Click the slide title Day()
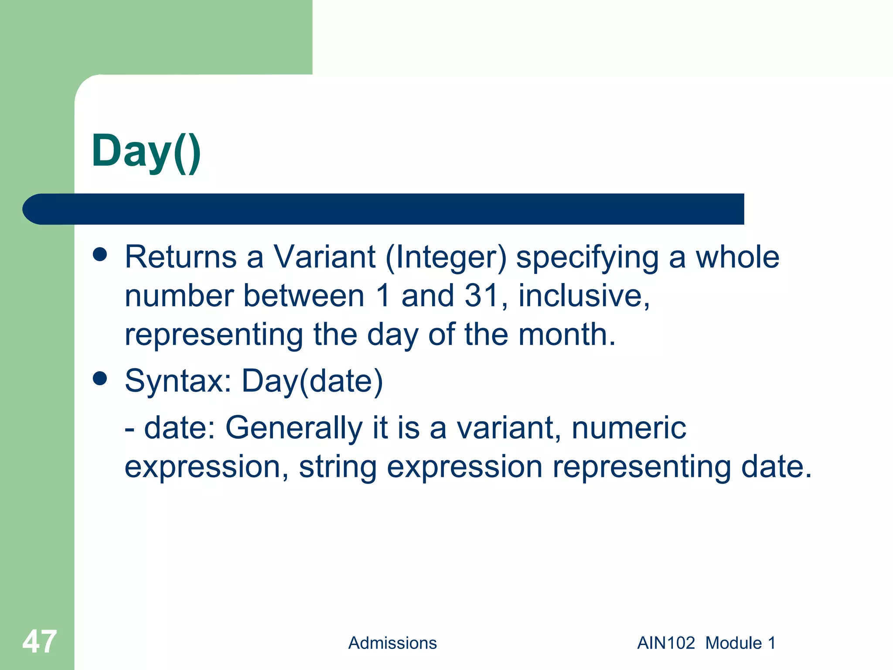(146, 151)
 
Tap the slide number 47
(40, 642)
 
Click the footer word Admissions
(392, 643)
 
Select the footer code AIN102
(666, 643)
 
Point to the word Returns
(181, 257)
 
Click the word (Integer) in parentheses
(446, 258)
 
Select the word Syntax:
(178, 381)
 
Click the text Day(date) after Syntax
(312, 381)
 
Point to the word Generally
(294, 428)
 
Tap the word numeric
(629, 428)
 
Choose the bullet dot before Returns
(100, 254)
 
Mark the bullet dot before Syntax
(100, 378)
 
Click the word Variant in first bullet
(324, 257)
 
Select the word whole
(737, 257)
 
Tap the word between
(303, 296)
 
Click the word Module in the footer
(733, 643)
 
